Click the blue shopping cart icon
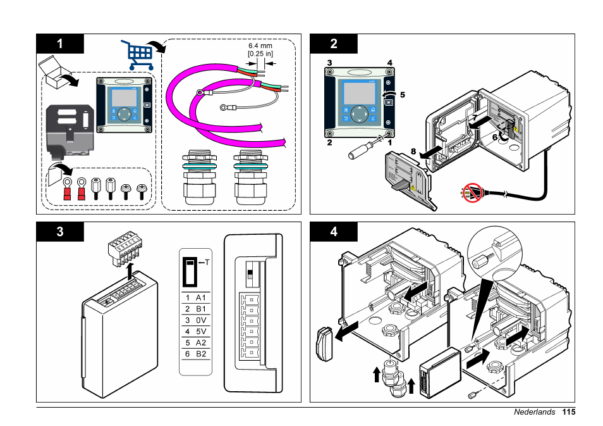pos(137,55)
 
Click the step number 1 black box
pos(60,43)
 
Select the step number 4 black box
pos(333,231)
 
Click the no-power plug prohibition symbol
pos(472,192)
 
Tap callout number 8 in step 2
pos(413,152)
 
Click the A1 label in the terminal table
pos(202,298)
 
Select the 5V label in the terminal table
pos(202,331)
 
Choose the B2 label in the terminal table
pos(202,354)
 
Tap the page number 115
pos(568,412)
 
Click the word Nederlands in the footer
pos(534,412)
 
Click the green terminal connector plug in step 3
pos(123,248)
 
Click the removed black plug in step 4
pos(323,345)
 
